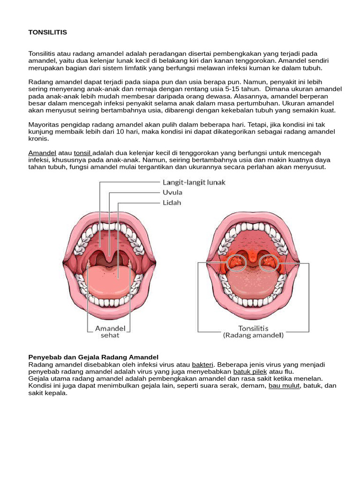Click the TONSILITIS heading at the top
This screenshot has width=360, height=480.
tap(48, 32)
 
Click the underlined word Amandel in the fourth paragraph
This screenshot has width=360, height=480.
tap(42, 153)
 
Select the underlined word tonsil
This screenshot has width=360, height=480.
tap(83, 153)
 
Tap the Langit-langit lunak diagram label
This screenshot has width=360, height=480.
tap(194, 182)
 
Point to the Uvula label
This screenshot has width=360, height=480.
tap(172, 192)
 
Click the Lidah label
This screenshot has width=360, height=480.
tap(172, 202)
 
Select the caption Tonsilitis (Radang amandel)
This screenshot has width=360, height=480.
tap(253, 331)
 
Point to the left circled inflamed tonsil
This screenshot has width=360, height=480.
tap(236, 262)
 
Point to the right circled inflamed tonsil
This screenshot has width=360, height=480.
tap(269, 262)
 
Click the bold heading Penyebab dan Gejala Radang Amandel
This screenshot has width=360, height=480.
tap(94, 358)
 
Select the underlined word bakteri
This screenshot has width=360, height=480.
tap(202, 364)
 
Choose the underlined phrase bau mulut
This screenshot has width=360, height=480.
tap(284, 385)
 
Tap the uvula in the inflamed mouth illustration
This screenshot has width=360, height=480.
tap(253, 257)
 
